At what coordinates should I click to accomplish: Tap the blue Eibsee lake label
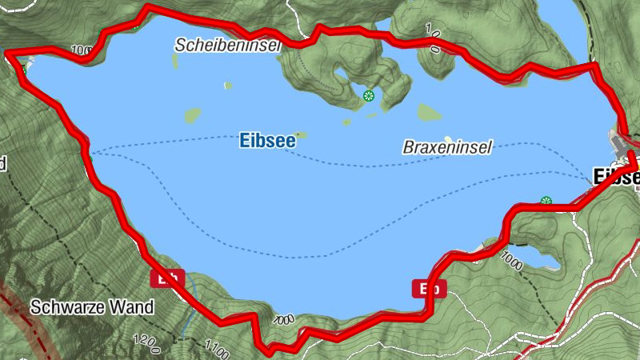267,141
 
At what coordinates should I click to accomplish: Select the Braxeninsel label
446,147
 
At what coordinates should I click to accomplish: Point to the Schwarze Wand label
92,307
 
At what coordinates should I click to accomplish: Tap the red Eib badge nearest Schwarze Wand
168,278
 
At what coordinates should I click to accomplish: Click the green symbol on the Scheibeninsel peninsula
368,96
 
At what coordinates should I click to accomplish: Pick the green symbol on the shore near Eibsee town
546,201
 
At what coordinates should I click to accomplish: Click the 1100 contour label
216,350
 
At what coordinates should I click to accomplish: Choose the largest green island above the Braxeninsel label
429,113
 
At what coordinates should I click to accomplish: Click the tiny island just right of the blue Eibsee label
301,134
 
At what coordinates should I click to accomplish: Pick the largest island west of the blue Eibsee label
192,115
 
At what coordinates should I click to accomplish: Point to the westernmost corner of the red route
8,54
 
